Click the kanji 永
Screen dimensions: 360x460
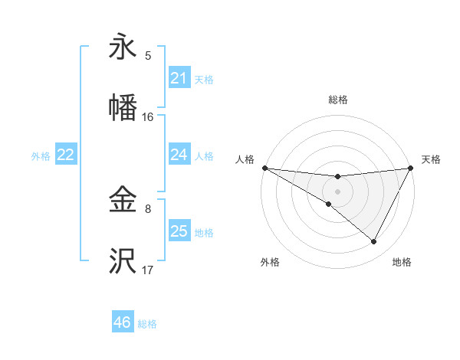(x=123, y=47)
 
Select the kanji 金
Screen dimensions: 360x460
(x=123, y=201)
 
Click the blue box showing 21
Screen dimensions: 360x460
(x=179, y=78)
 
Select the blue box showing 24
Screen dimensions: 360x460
(x=179, y=155)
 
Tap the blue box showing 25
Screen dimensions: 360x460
(x=179, y=231)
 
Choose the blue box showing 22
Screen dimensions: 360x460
(x=66, y=155)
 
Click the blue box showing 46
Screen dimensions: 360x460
(x=123, y=322)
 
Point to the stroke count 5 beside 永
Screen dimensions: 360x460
(x=148, y=55)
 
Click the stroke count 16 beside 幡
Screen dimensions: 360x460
(x=148, y=117)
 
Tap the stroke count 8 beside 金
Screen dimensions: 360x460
(x=148, y=208)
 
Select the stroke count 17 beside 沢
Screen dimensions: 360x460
(x=148, y=270)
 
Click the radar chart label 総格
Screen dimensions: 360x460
(x=337, y=100)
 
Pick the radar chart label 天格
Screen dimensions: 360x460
(x=431, y=159)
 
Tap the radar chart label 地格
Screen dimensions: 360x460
(x=402, y=262)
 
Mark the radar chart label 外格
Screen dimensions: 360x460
(x=270, y=262)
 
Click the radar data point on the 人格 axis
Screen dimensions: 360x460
(x=264, y=167)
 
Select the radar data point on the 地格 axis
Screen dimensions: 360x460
(x=374, y=242)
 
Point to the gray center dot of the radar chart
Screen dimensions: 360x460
(x=337, y=191)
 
